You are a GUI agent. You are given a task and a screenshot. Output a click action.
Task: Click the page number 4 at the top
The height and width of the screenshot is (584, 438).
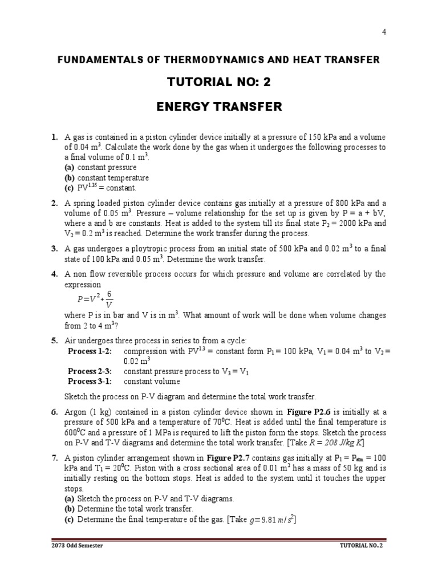click(x=384, y=32)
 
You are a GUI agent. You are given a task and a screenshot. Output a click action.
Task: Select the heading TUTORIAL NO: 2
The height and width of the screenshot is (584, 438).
click(x=219, y=83)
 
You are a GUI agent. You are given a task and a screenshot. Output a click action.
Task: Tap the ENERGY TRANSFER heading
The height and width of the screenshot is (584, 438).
click(x=219, y=107)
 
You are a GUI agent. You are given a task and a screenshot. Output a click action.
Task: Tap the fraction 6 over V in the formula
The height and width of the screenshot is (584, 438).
click(x=109, y=299)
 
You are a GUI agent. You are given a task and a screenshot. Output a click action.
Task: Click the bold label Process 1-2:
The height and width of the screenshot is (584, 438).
click(x=90, y=351)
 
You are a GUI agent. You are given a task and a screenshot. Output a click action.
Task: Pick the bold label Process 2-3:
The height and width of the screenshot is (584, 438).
click(x=90, y=371)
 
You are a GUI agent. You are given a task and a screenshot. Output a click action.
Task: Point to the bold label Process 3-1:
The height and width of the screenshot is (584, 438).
click(x=90, y=382)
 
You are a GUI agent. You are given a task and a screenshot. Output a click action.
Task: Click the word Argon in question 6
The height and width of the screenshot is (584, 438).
click(x=77, y=412)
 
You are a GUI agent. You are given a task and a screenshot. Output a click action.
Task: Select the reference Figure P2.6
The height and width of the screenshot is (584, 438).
click(x=309, y=412)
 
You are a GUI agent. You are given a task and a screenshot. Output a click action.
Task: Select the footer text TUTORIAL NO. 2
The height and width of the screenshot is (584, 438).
click(x=362, y=545)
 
